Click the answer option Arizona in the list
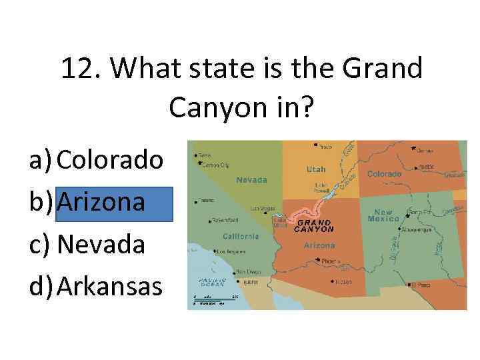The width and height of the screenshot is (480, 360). (x=101, y=202)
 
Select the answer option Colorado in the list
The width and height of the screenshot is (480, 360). (x=110, y=159)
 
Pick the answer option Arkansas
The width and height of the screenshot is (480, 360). (x=109, y=287)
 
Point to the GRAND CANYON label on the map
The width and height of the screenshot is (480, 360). (x=315, y=225)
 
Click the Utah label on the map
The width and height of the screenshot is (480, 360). (x=316, y=169)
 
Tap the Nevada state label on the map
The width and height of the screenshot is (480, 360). (x=252, y=180)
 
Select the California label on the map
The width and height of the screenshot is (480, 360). (x=241, y=236)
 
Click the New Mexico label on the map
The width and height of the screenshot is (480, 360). (x=383, y=215)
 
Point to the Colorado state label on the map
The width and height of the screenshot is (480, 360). (x=384, y=174)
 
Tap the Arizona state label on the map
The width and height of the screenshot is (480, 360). (x=319, y=245)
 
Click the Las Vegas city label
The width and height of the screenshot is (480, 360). (x=262, y=208)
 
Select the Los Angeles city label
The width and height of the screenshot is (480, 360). (x=231, y=251)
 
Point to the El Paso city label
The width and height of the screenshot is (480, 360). (x=421, y=285)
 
